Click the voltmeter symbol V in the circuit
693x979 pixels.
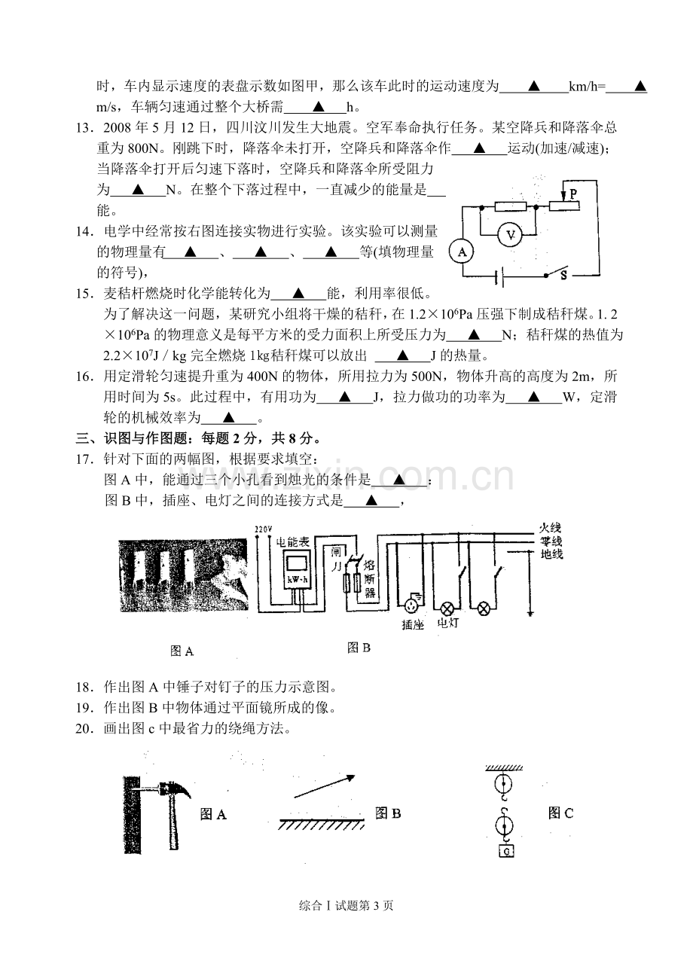pyautogui.click(x=510, y=235)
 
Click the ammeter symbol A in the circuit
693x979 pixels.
pyautogui.click(x=462, y=252)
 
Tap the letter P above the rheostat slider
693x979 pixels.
pyautogui.click(x=572, y=194)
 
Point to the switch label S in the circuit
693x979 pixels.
pyautogui.click(x=563, y=276)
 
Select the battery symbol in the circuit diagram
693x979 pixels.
pyautogui.click(x=499, y=276)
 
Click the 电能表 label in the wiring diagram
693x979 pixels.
pyautogui.click(x=292, y=542)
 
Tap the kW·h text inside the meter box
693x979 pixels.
pyautogui.click(x=298, y=580)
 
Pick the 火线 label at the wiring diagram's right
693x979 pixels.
pyautogui.click(x=551, y=528)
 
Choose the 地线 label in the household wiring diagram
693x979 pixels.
pyautogui.click(x=551, y=554)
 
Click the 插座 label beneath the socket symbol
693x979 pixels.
pyautogui.click(x=413, y=625)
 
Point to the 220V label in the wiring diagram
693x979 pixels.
pyautogui.click(x=263, y=529)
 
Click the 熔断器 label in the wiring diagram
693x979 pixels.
pyautogui.click(x=370, y=579)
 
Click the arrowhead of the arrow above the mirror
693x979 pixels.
pyautogui.click(x=350, y=778)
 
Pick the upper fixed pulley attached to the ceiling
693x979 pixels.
pyautogui.click(x=503, y=784)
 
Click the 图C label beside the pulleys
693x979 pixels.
pyautogui.click(x=560, y=813)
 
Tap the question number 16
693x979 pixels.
pyautogui.click(x=84, y=377)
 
